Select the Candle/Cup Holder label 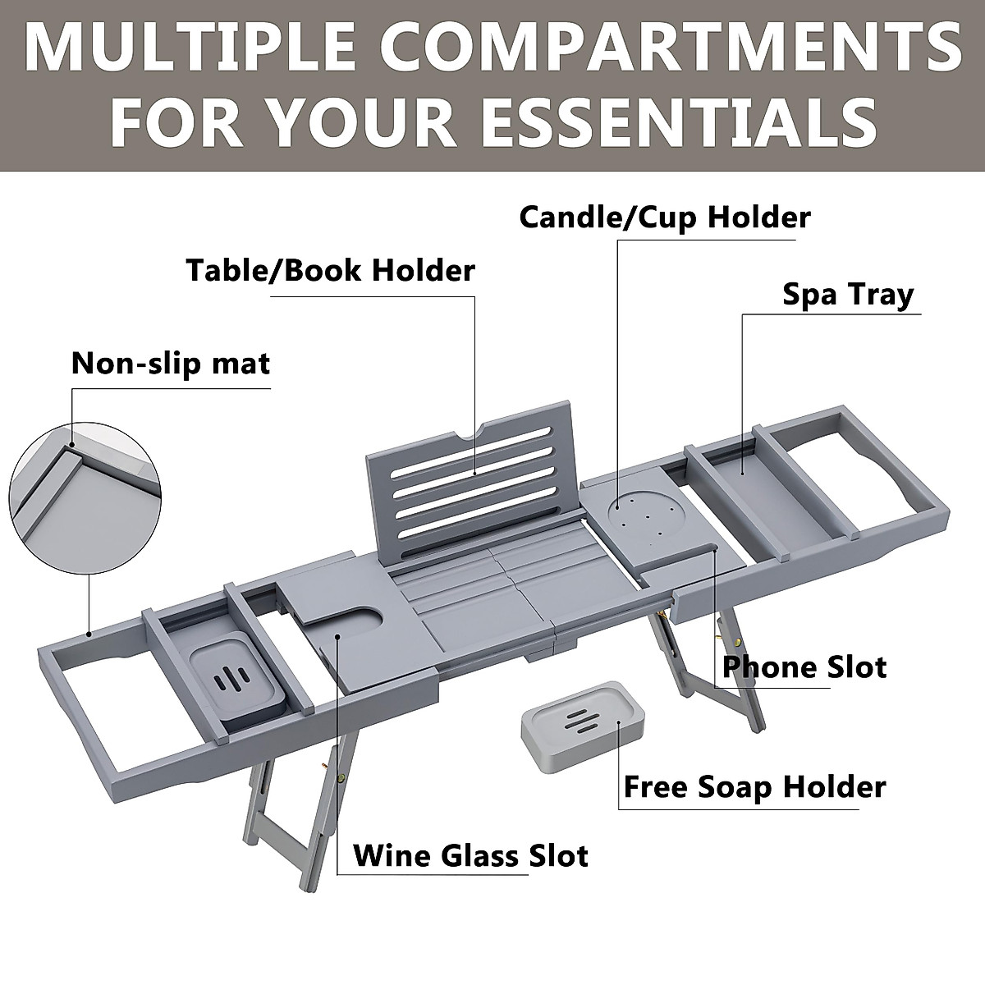point(665,218)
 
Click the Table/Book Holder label point(331,270)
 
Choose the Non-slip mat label point(171,364)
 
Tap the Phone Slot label point(804,667)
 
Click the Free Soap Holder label point(754,787)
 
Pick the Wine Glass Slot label point(470,855)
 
